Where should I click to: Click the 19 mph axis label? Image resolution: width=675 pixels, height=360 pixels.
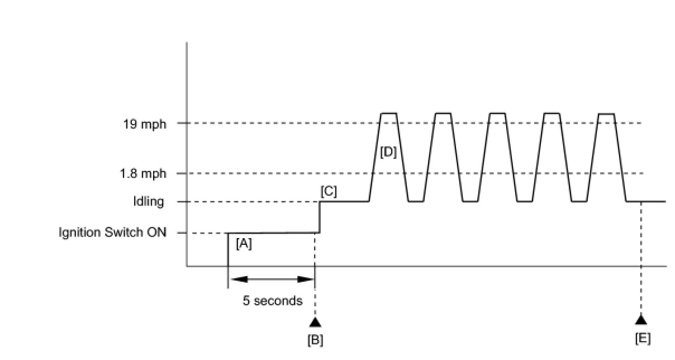click(145, 124)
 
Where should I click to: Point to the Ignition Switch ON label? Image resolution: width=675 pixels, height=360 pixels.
click(112, 233)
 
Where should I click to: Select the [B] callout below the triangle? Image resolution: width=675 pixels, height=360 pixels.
click(315, 339)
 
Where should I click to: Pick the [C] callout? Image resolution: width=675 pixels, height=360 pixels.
click(329, 191)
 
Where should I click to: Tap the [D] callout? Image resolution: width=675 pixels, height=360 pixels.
click(388, 151)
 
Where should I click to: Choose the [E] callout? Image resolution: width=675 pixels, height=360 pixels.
click(643, 338)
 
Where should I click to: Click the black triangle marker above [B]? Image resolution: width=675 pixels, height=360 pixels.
click(315, 322)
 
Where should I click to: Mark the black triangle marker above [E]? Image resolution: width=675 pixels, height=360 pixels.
click(641, 320)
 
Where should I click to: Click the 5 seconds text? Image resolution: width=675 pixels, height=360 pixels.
click(272, 301)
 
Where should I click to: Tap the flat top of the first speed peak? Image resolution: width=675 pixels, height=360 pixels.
click(388, 113)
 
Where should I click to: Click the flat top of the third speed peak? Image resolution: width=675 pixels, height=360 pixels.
click(497, 113)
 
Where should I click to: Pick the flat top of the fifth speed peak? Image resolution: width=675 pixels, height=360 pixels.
click(606, 113)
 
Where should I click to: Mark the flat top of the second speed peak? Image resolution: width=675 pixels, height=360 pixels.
click(443, 113)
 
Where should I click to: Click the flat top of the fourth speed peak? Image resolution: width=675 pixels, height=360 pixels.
click(552, 113)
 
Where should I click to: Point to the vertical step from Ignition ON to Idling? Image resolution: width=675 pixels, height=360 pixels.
click(319, 217)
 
